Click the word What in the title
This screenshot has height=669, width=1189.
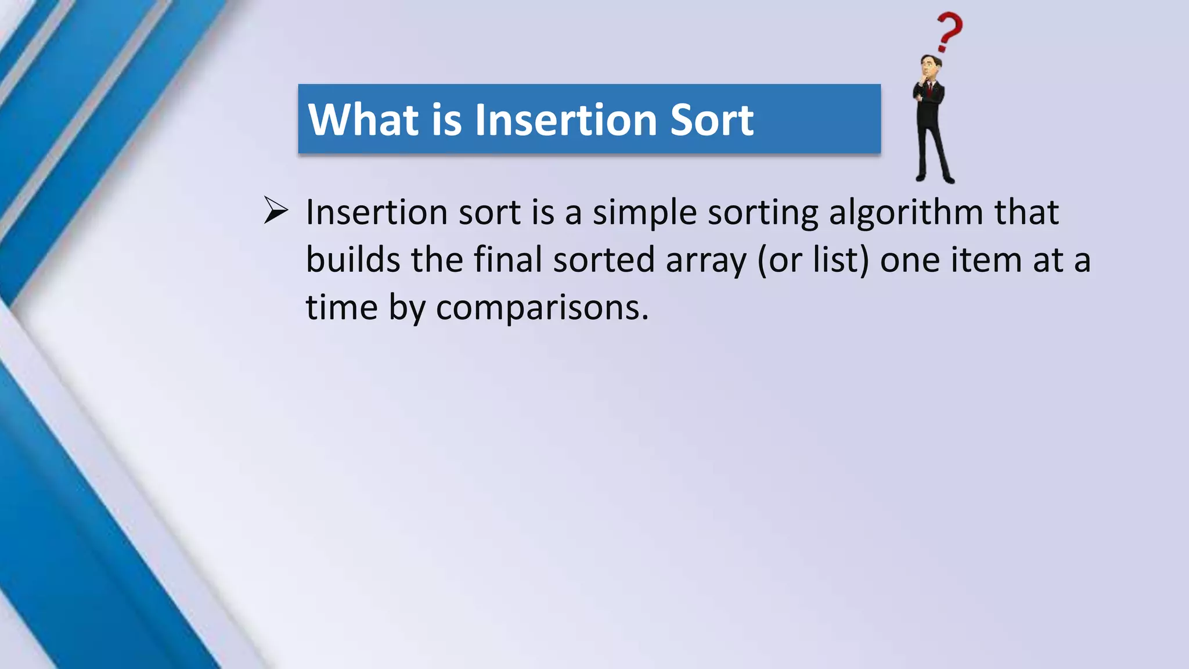click(363, 120)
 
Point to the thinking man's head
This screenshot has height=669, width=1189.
click(929, 67)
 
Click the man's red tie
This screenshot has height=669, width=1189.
click(930, 89)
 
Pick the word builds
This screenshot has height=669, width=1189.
click(353, 260)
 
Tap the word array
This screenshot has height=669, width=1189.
click(705, 261)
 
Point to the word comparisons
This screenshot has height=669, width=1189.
click(542, 308)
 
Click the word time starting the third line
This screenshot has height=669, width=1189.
click(341, 307)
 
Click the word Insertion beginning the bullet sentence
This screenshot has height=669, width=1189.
click(377, 213)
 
